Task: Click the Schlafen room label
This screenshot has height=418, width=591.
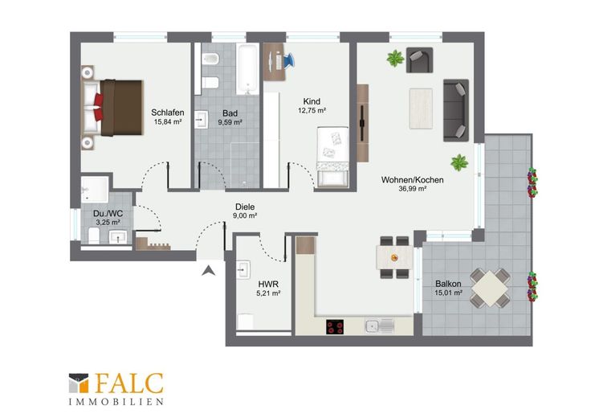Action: pyautogui.click(x=168, y=113)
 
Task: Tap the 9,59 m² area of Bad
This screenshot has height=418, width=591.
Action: pyautogui.click(x=230, y=122)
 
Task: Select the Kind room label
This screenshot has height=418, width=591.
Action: pyautogui.click(x=312, y=101)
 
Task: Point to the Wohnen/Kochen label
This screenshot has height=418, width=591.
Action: pyautogui.click(x=413, y=180)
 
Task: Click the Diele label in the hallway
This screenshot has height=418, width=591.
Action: pyautogui.click(x=245, y=207)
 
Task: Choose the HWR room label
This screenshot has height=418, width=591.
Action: pyautogui.click(x=268, y=284)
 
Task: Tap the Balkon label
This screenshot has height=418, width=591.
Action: pyautogui.click(x=448, y=283)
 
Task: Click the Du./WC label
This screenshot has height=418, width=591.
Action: pyautogui.click(x=108, y=214)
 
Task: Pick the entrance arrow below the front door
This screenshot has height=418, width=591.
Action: pyautogui.click(x=208, y=270)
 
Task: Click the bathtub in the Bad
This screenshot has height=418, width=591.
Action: pyautogui.click(x=247, y=69)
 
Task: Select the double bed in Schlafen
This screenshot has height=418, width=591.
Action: pyautogui.click(x=112, y=108)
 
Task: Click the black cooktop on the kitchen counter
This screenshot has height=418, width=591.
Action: pyautogui.click(x=335, y=326)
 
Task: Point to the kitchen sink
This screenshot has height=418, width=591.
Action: pyautogui.click(x=380, y=326)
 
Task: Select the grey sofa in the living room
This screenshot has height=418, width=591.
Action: pyautogui.click(x=456, y=110)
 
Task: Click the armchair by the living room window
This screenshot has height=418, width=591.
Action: pyautogui.click(x=419, y=60)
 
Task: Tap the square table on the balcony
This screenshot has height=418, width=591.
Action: pyautogui.click(x=490, y=289)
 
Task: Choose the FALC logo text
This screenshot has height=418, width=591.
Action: pyautogui.click(x=129, y=383)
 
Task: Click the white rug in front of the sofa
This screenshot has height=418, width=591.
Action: pyautogui.click(x=421, y=109)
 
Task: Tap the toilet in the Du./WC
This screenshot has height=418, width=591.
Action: pyautogui.click(x=94, y=236)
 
